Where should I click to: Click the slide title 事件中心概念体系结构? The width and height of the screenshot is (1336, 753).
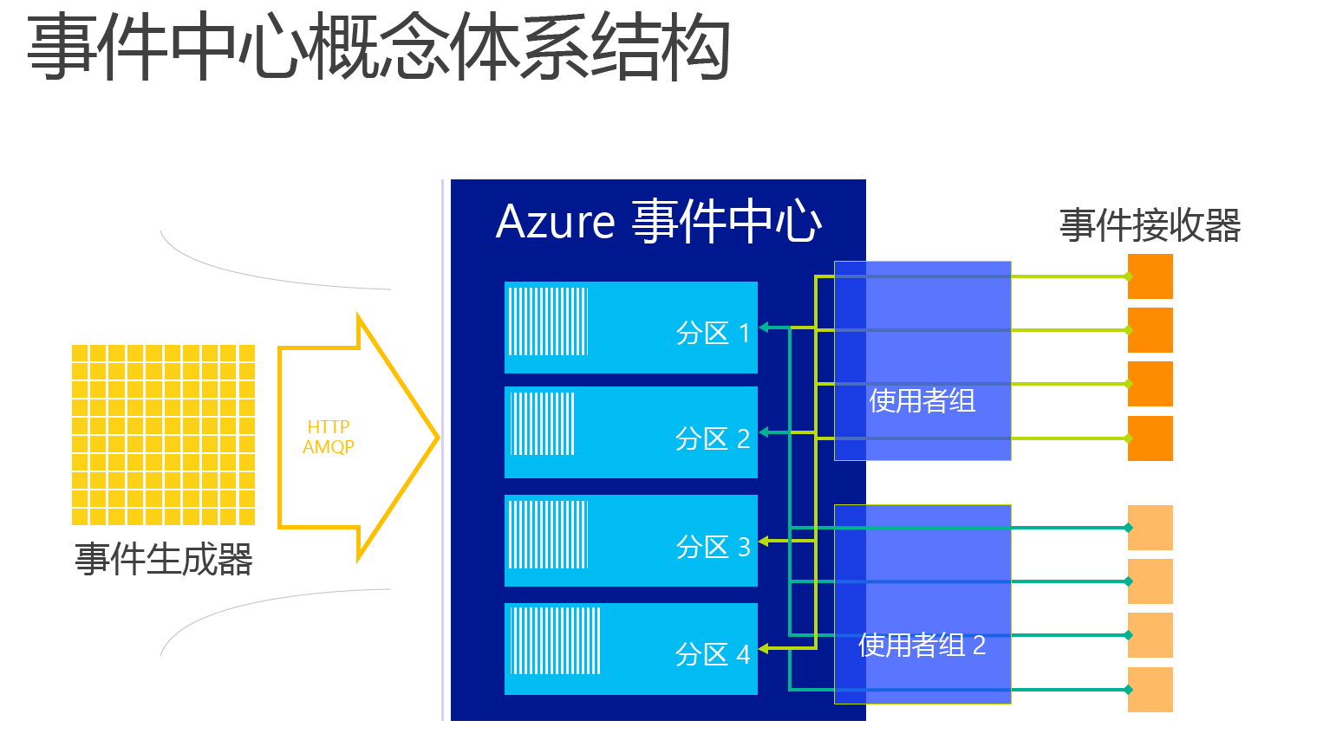click(x=378, y=48)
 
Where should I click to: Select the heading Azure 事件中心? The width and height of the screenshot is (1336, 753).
click(x=659, y=222)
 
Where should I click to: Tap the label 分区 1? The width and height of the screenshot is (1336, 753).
click(x=713, y=333)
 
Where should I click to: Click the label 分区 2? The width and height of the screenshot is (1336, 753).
click(x=713, y=438)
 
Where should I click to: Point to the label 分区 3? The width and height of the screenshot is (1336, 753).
click(x=713, y=547)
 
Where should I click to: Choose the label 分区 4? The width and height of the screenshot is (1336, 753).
click(x=713, y=654)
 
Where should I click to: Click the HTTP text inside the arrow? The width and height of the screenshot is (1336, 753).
click(x=329, y=427)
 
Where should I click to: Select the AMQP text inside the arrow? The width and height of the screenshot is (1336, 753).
click(x=329, y=447)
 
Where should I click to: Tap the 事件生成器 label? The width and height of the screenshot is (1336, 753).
click(x=163, y=560)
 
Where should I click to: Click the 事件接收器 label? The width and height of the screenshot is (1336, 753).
click(x=1150, y=225)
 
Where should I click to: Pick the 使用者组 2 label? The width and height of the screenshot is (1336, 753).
click(x=922, y=646)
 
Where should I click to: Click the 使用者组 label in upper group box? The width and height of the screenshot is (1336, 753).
click(x=922, y=401)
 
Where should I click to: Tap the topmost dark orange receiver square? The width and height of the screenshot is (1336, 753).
click(x=1150, y=276)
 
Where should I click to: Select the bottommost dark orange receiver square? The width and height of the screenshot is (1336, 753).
click(x=1150, y=438)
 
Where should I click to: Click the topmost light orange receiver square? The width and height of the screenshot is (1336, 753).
click(x=1150, y=528)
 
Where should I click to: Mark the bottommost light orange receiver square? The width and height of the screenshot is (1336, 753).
click(x=1150, y=690)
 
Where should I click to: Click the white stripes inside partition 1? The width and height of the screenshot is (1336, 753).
click(x=548, y=321)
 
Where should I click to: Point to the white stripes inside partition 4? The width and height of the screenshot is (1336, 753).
click(x=555, y=640)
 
